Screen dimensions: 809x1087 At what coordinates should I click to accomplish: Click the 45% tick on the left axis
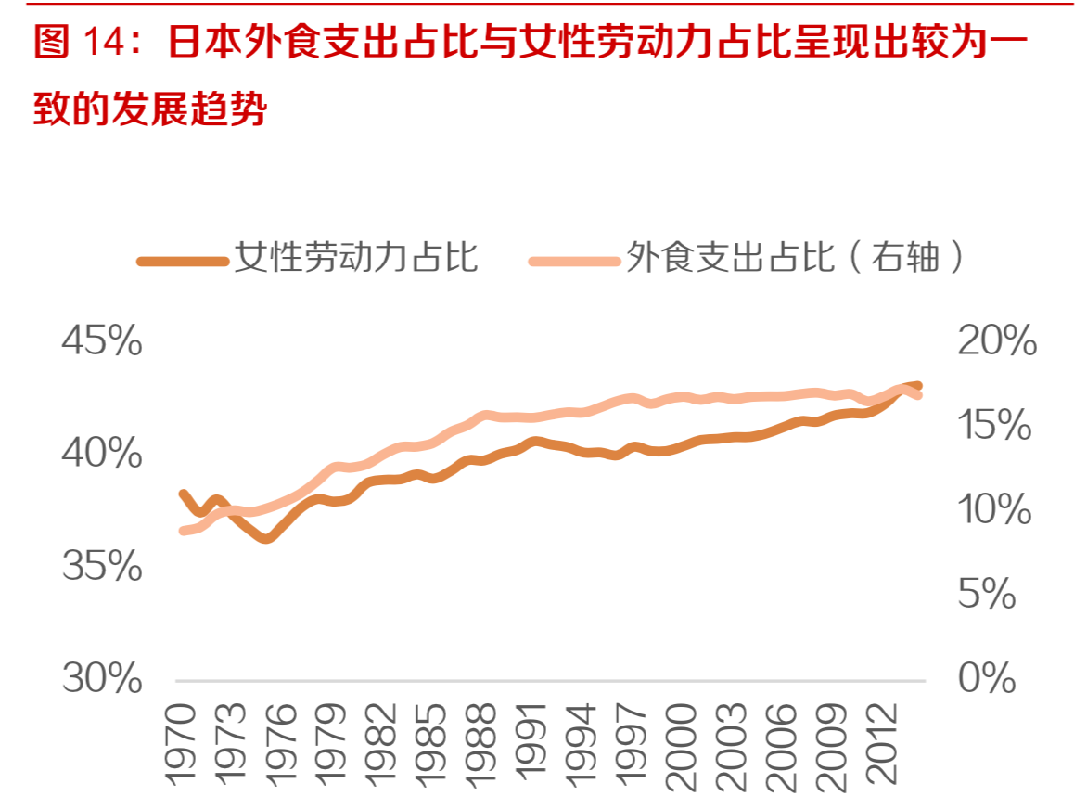click(x=101, y=342)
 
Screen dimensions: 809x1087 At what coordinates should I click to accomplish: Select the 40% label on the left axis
click(x=101, y=455)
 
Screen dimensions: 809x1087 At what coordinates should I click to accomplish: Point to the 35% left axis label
click(x=101, y=567)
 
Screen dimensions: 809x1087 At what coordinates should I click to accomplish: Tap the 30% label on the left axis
click(x=101, y=679)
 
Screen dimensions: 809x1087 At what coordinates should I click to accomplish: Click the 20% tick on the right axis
click(x=996, y=342)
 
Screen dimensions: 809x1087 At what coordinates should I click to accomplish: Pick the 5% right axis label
click(x=988, y=595)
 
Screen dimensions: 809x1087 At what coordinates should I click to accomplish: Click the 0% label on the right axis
click(x=988, y=679)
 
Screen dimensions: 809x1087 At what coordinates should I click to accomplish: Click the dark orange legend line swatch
click(x=182, y=261)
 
